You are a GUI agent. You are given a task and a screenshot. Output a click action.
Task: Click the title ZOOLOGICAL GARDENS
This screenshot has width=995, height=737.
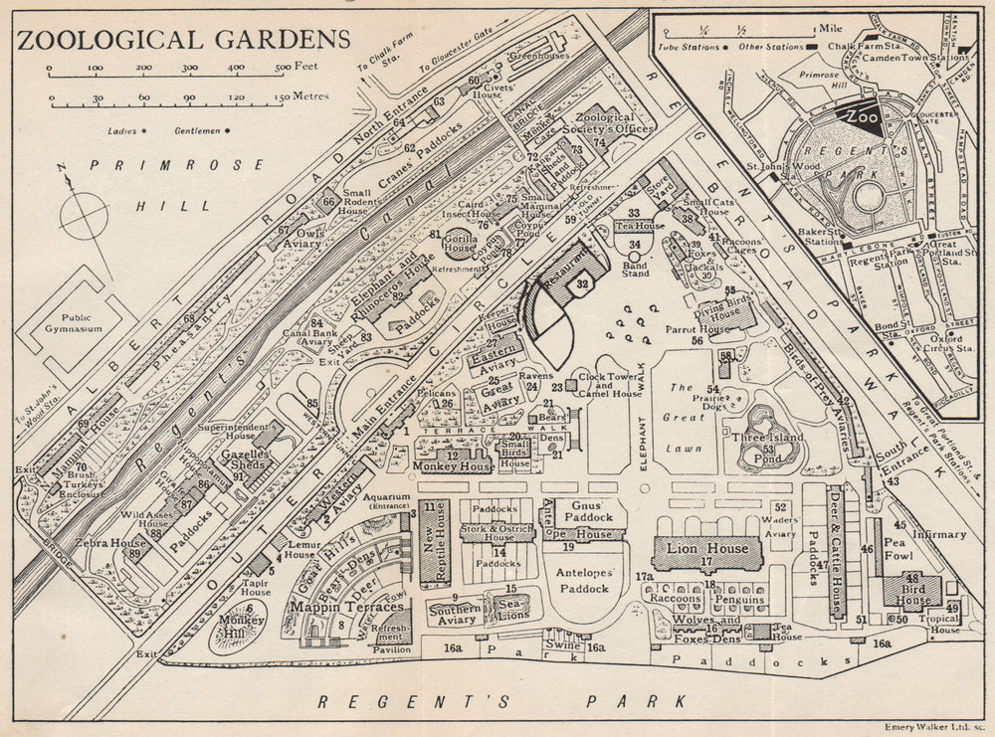pyautogui.click(x=184, y=39)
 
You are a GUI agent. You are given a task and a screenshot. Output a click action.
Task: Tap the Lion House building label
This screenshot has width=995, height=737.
pyautogui.click(x=707, y=549)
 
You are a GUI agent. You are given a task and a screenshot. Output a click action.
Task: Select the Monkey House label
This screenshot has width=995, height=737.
pyautogui.click(x=456, y=465)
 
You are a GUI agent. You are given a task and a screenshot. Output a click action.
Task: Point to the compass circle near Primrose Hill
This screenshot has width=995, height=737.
pyautogui.click(x=84, y=214)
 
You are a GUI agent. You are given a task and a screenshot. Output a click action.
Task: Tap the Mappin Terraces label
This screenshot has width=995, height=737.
pyautogui.click(x=333, y=606)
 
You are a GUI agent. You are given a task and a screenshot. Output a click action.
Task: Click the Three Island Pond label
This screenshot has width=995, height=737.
pyautogui.click(x=768, y=449)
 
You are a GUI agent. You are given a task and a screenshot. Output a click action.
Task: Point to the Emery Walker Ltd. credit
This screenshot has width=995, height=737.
pyautogui.click(x=933, y=728)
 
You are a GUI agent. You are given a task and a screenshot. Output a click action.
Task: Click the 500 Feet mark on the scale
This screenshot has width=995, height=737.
pyautogui.click(x=295, y=68)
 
